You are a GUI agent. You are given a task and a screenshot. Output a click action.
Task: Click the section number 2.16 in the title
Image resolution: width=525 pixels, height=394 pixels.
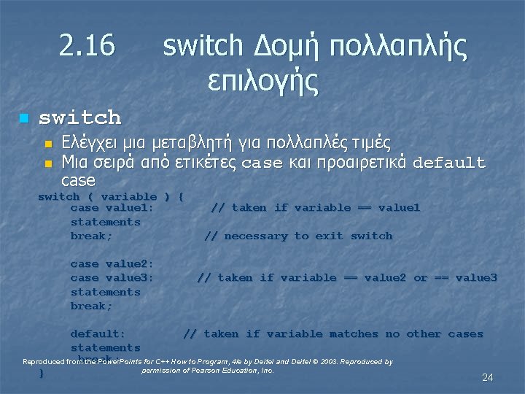coord(87,47)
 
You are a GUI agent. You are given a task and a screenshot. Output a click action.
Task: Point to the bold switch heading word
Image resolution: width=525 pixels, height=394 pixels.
coord(79,117)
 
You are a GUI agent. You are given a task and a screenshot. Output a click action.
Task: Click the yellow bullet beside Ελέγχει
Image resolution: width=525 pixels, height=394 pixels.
coord(49,143)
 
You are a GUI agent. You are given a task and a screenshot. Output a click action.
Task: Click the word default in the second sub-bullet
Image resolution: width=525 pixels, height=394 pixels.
coord(448,162)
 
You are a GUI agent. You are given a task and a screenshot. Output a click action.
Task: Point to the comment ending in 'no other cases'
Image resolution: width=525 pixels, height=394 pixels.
coord(332,334)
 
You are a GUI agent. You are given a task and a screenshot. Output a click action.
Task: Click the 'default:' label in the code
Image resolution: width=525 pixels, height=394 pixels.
coord(98,334)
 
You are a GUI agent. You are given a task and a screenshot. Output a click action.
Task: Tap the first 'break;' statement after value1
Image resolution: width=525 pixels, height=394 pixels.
coord(91,236)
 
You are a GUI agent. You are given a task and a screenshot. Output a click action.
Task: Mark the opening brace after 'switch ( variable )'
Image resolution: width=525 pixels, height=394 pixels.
coord(181,196)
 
